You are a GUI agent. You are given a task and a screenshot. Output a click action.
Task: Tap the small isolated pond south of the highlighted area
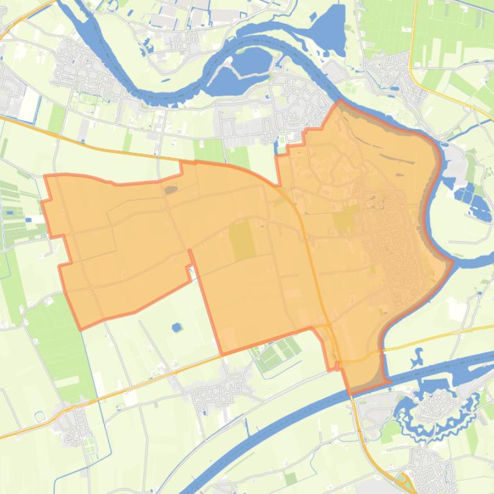tap(176, 327)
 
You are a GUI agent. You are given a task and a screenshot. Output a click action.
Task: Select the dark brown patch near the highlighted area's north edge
tap(171, 189)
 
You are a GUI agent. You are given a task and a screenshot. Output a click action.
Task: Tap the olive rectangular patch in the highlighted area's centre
tap(243, 241)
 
